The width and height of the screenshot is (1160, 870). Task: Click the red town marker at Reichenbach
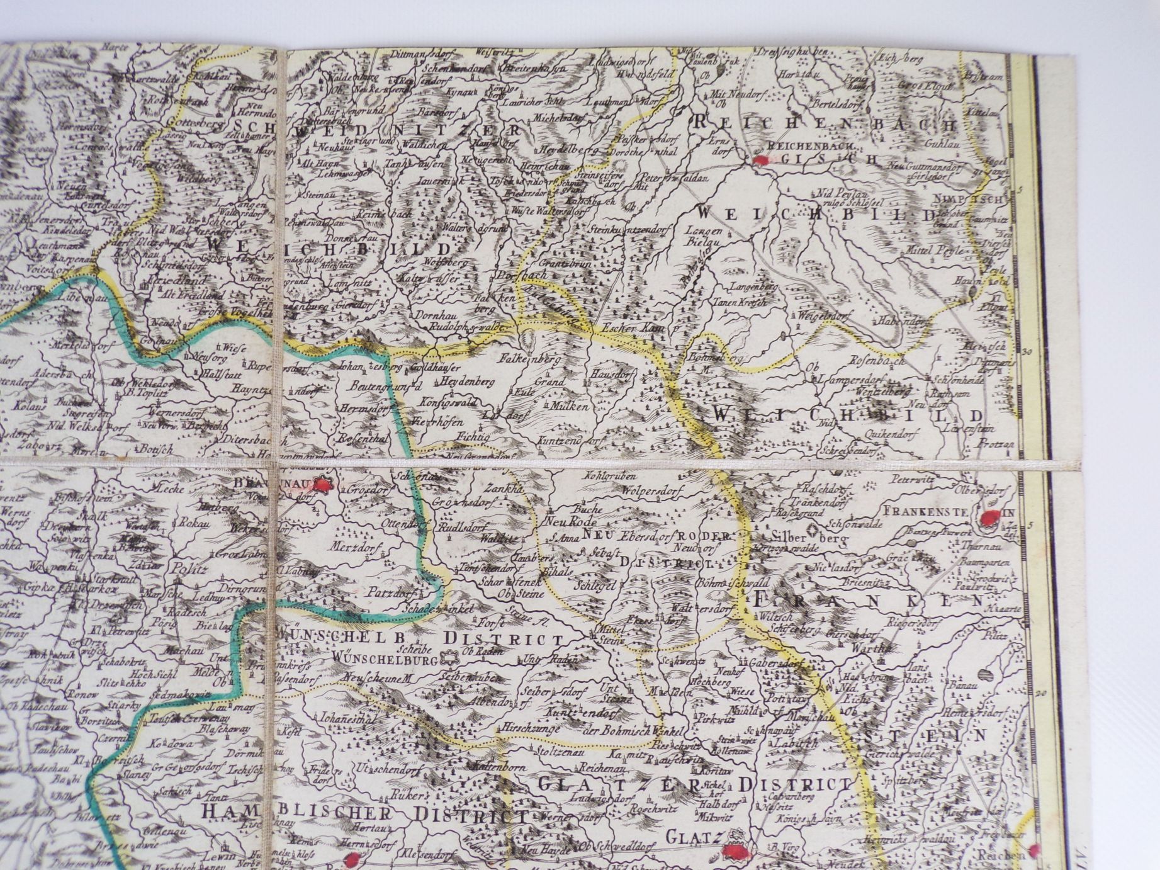pos(761,161)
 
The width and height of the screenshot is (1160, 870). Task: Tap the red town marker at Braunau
pos(324,485)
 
